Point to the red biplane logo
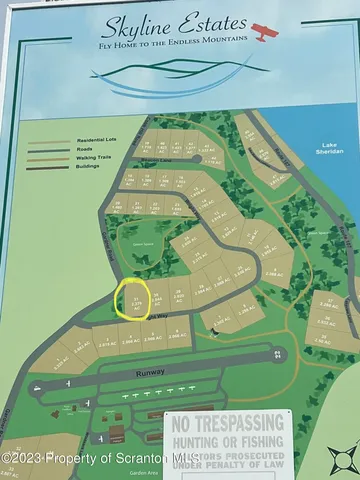point(265,31)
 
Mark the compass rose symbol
point(342,459)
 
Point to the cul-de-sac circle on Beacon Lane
point(208,158)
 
